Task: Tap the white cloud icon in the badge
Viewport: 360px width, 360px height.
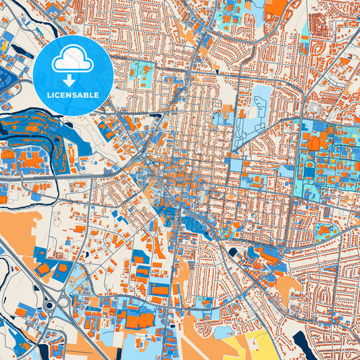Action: point(72,61)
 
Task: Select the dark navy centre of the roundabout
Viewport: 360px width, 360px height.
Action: point(50,305)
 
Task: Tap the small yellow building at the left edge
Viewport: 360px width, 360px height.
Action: point(4,47)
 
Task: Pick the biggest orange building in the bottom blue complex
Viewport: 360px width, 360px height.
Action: point(138,321)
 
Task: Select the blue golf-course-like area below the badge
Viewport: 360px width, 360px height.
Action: point(41,138)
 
